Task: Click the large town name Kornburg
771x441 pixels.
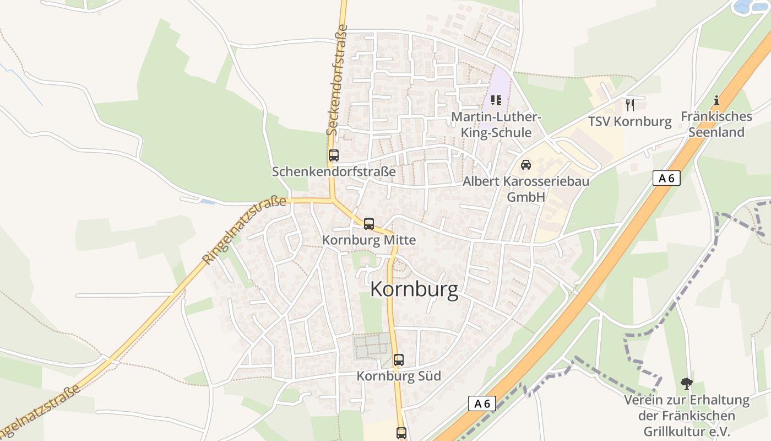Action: click(414, 289)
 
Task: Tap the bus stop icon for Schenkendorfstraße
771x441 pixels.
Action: click(334, 155)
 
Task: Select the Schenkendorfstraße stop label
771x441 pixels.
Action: click(334, 171)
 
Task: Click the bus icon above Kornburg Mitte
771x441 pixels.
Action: click(369, 224)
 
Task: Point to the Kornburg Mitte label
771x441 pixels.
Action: click(369, 240)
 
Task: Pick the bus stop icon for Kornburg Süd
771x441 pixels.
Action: click(399, 360)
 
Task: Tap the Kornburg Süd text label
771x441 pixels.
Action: click(399, 376)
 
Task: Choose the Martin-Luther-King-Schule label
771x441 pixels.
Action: click(496, 125)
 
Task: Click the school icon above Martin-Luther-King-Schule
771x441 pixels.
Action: click(496, 100)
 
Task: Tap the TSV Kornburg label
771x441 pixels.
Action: click(630, 121)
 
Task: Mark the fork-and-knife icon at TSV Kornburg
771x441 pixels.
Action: click(630, 105)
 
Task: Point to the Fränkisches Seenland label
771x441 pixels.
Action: click(716, 124)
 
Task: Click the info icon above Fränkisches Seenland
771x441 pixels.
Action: click(716, 100)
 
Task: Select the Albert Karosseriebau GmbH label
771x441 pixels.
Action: click(526, 189)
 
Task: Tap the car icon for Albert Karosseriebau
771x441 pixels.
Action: click(526, 165)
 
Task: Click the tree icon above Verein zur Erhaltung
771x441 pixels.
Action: click(686, 383)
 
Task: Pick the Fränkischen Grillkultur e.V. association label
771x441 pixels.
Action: click(686, 416)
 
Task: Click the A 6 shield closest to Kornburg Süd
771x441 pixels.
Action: click(482, 404)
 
